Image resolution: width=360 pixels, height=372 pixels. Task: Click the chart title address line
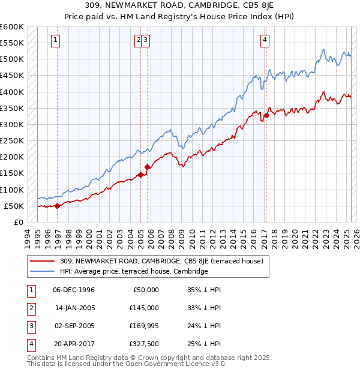[x=180, y=6]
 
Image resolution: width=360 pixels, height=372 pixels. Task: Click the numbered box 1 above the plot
[x=55, y=40]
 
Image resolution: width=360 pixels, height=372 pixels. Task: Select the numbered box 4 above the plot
[x=265, y=40]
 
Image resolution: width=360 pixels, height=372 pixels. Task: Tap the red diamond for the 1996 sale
[x=58, y=206]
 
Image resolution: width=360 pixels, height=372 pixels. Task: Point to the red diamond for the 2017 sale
[x=266, y=115]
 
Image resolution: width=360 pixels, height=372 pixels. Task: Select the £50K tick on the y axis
[x=14, y=206]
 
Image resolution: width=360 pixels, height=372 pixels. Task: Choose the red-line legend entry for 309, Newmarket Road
[x=165, y=261]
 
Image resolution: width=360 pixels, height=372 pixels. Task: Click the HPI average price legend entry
[x=133, y=272]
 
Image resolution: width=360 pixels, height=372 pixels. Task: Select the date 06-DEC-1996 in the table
[x=74, y=290]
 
